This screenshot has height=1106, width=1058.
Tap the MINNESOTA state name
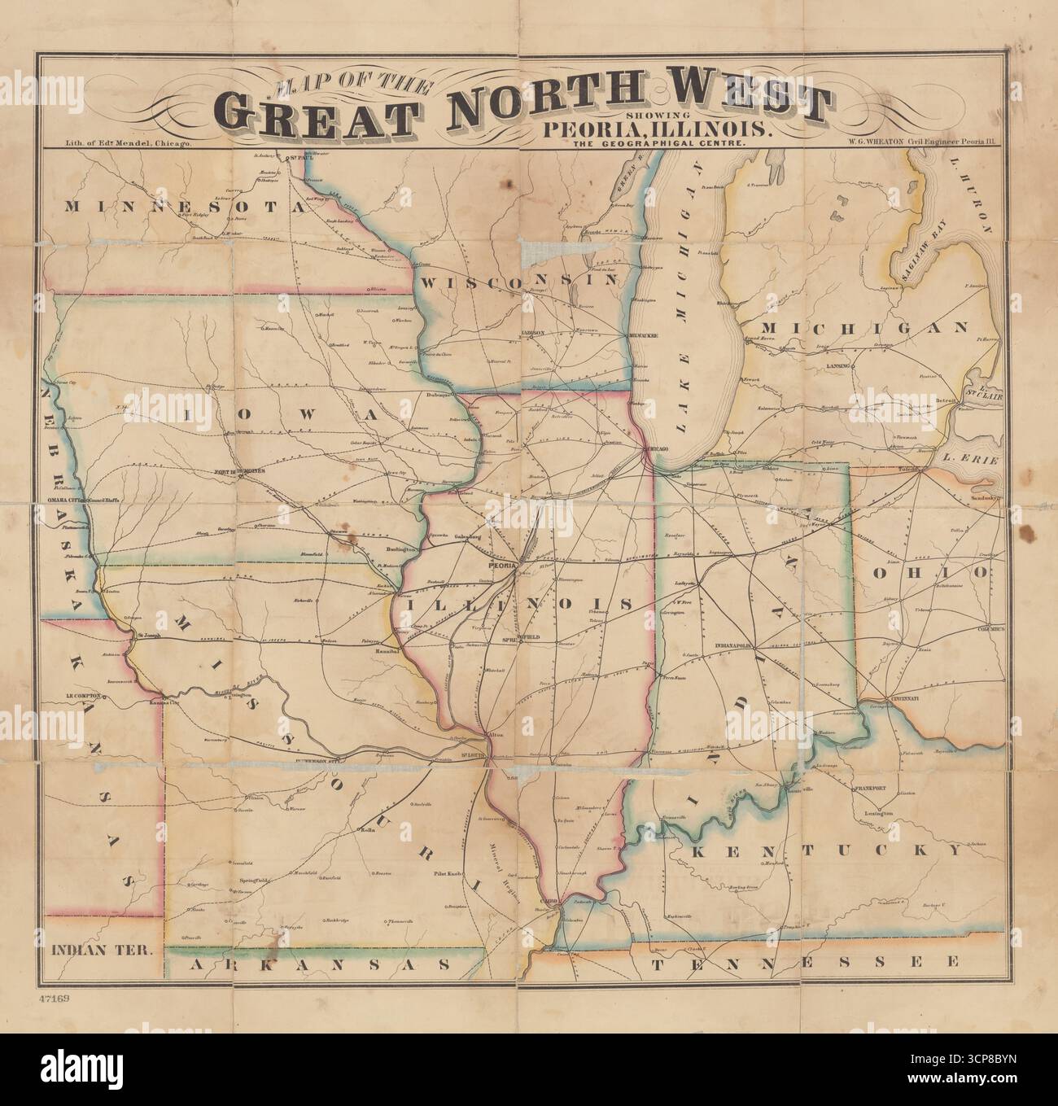(x=187, y=207)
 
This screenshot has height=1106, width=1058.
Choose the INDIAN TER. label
(x=101, y=949)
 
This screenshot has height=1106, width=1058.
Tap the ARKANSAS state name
(x=320, y=964)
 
